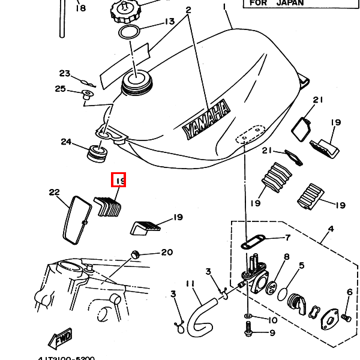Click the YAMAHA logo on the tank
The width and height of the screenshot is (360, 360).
click(x=207, y=121)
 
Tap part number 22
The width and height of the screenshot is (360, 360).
click(x=55, y=193)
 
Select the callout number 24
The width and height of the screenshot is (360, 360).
click(x=66, y=142)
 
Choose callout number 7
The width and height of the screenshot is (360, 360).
click(x=287, y=238)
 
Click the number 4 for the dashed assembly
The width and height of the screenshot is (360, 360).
click(x=330, y=229)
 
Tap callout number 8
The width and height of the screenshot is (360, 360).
click(x=286, y=257)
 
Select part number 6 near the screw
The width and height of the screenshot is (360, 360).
click(x=349, y=292)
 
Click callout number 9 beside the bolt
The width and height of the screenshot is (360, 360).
click(x=272, y=332)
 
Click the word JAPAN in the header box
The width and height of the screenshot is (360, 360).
click(x=290, y=2)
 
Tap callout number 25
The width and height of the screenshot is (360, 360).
click(x=60, y=89)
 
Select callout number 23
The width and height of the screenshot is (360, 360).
click(x=65, y=73)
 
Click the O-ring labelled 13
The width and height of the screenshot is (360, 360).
click(x=129, y=32)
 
